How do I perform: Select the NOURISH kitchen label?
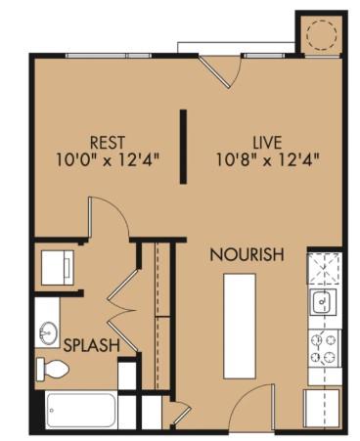point(247,255)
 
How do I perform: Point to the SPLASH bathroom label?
point(92,345)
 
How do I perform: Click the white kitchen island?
point(240,326)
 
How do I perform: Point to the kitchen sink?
point(323,302)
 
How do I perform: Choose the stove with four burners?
point(323,345)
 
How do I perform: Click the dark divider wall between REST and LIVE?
point(183,147)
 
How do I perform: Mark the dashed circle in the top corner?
point(320,35)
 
